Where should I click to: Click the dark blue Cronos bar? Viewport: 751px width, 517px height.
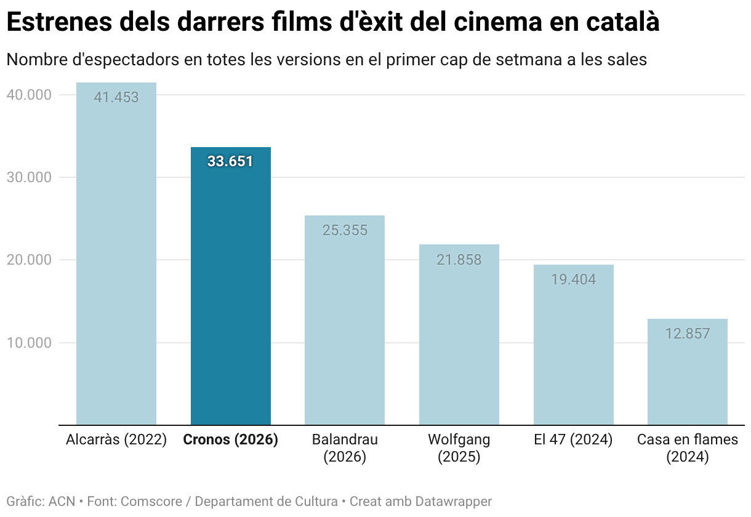click(x=231, y=286)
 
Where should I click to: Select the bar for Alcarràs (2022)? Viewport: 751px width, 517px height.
click(x=116, y=254)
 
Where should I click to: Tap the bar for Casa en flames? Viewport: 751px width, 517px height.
click(x=688, y=372)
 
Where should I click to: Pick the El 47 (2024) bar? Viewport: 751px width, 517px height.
click(x=574, y=345)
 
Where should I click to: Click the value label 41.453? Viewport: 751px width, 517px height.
click(x=116, y=97)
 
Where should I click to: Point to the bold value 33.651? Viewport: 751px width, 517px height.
click(x=230, y=161)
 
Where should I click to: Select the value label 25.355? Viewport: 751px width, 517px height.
click(x=345, y=230)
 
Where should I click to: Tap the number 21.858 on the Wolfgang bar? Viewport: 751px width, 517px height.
click(x=459, y=260)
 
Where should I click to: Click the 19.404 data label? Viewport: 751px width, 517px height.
click(x=574, y=279)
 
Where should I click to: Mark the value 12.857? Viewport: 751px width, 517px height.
click(x=688, y=334)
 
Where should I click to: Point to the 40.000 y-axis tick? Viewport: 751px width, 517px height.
click(x=29, y=95)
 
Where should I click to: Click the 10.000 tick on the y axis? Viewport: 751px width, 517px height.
click(x=29, y=343)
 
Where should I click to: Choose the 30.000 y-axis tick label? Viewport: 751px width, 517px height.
click(x=29, y=177)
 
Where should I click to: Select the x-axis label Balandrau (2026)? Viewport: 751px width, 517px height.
click(x=345, y=448)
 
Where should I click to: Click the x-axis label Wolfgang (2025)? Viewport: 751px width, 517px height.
click(x=459, y=448)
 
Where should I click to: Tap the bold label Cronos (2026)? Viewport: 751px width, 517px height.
click(x=231, y=440)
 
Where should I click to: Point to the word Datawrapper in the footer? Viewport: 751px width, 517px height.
click(x=454, y=502)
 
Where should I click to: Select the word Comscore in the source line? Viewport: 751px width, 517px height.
click(x=151, y=502)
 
